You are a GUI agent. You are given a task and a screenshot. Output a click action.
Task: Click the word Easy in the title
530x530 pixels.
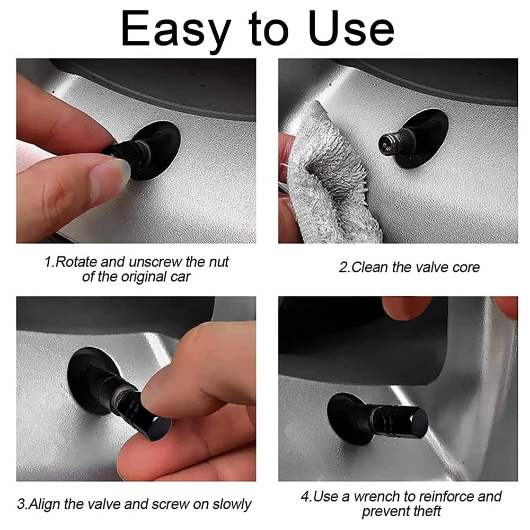[x=176, y=30]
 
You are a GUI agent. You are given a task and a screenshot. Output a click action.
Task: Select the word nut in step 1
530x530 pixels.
[x=219, y=262]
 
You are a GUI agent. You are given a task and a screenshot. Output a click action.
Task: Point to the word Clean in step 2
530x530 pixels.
[x=369, y=267]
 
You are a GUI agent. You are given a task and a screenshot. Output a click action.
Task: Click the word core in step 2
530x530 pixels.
[x=466, y=268]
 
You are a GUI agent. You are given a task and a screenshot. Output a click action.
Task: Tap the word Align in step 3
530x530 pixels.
[x=45, y=505]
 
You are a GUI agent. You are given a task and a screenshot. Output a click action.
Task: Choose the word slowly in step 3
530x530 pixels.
[x=232, y=505]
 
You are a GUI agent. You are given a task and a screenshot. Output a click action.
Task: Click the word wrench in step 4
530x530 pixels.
[x=377, y=497]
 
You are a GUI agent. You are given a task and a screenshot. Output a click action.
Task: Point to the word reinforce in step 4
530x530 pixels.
[x=446, y=497]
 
